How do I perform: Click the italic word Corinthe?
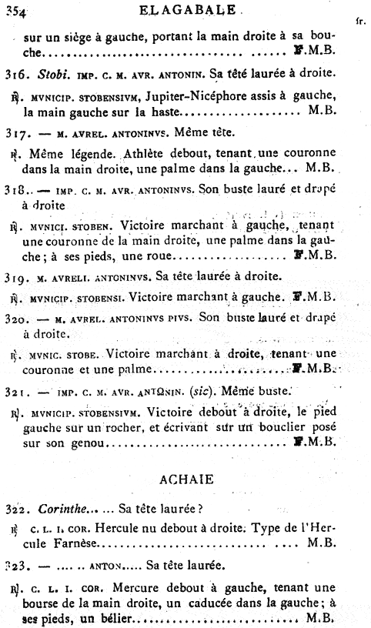coord(57,509)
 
